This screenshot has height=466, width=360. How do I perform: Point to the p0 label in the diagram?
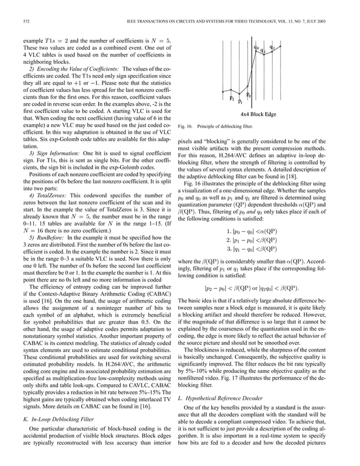pos(249,95)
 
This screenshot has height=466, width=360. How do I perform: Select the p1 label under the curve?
pos(240,102)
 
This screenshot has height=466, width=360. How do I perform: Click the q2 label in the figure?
pos(273,47)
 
